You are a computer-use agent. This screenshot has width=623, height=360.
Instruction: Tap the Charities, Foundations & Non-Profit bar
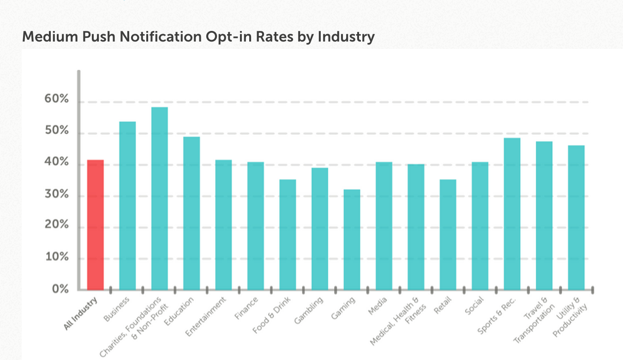[x=160, y=198]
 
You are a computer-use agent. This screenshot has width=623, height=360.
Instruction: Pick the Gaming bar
[x=352, y=240]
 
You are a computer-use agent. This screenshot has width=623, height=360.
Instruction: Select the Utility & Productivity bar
[x=576, y=217]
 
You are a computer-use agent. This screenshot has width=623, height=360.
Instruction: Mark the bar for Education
[x=192, y=213]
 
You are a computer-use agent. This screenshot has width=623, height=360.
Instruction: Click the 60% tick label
[x=57, y=100]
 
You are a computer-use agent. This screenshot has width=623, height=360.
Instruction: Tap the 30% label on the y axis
[x=57, y=195]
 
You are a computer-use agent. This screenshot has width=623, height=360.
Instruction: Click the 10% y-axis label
[x=57, y=257]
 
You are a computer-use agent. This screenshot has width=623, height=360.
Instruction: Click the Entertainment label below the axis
[x=206, y=317]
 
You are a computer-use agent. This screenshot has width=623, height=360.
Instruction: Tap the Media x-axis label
[x=378, y=306]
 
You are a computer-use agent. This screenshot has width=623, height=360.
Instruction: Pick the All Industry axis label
[x=80, y=313]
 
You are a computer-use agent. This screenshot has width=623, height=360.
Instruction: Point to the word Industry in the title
[x=346, y=37]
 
